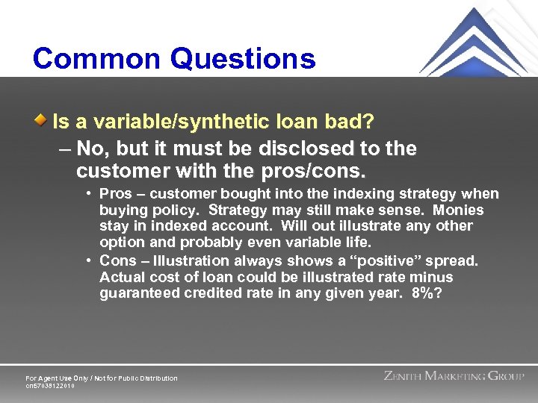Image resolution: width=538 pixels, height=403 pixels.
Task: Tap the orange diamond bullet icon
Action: point(43,120)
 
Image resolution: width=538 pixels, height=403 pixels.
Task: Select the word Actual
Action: point(123,277)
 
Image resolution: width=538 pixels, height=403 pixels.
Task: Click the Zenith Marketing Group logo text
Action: point(454,376)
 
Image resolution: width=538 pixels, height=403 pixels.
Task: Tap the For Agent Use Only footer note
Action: point(102,378)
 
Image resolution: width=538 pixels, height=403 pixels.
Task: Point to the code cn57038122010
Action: point(50,386)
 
